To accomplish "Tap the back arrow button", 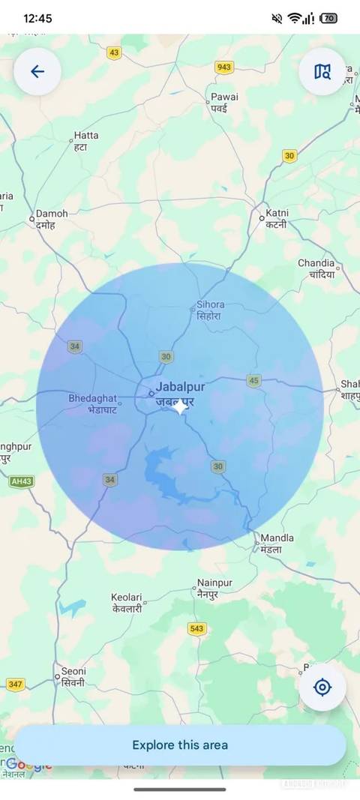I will pyautogui.click(x=37, y=72).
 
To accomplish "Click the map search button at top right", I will pyautogui.click(x=322, y=72).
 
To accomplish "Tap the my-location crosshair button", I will pyautogui.click(x=322, y=687).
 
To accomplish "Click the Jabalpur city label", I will pyautogui.click(x=180, y=388).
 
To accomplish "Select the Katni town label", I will pyautogui.click(x=276, y=214).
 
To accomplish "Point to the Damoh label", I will pyautogui.click(x=52, y=214).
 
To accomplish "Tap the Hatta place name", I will pyautogui.click(x=85, y=136).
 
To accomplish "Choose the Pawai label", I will pyautogui.click(x=223, y=97).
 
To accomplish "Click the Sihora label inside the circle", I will pyautogui.click(x=210, y=305).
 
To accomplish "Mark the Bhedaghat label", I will pyautogui.click(x=93, y=398).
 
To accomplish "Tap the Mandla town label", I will pyautogui.click(x=276, y=538).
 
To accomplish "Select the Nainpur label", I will pyautogui.click(x=214, y=583).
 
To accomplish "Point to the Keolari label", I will pyautogui.click(x=126, y=598).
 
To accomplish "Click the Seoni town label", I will pyautogui.click(x=73, y=672).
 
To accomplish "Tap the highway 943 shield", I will pyautogui.click(x=224, y=67).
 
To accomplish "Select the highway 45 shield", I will pyautogui.click(x=254, y=381).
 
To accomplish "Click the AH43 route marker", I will pyautogui.click(x=21, y=481).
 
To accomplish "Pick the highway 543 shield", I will pyautogui.click(x=196, y=629).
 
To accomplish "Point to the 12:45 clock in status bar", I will pyautogui.click(x=37, y=18).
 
